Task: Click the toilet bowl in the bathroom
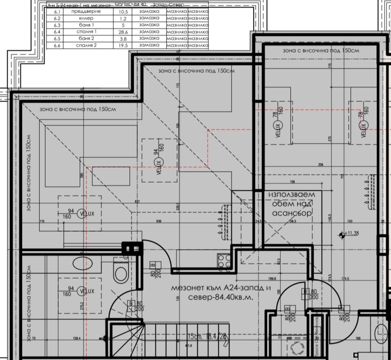coord(119,271)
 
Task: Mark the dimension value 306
coord(321,164)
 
